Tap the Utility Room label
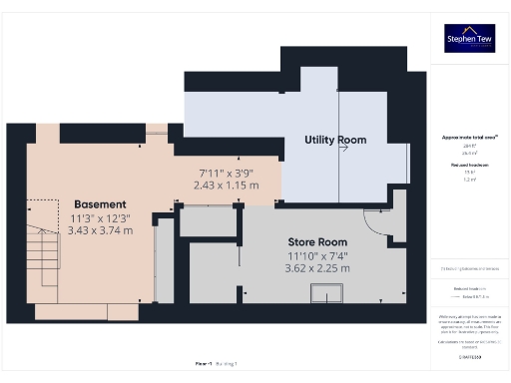point(334,140)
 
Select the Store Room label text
point(317,242)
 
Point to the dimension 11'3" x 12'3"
point(98,217)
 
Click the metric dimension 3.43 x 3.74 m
point(99,230)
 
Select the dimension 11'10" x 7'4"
point(318,255)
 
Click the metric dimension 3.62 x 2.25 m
point(318,268)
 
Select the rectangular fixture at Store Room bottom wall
point(326,291)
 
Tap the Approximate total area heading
point(469,137)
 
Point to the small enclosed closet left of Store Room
point(209,222)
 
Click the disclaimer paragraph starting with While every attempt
point(469,324)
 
